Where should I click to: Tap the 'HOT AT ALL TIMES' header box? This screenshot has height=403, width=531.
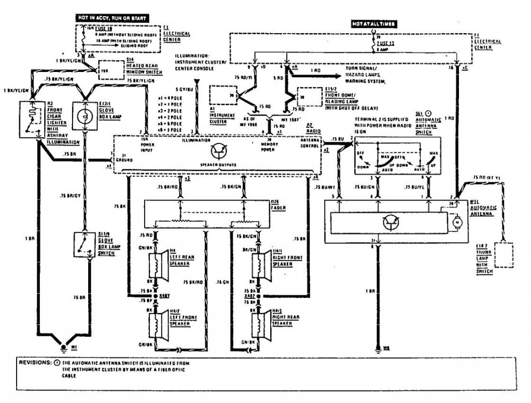(x=374, y=24)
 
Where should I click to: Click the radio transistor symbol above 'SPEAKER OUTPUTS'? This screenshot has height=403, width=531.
(x=218, y=150)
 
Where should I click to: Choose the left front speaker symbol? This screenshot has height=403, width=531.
(x=155, y=323)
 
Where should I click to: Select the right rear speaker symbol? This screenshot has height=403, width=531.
(x=257, y=323)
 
